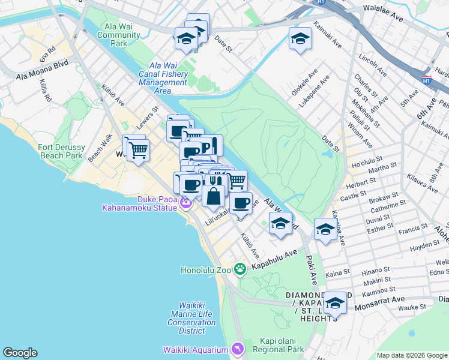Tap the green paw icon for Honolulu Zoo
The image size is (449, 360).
(240, 269)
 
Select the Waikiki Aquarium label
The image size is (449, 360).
(196, 350)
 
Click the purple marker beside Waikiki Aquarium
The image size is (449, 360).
(238, 349)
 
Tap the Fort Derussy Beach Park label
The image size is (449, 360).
(60, 151)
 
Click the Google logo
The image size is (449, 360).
(20, 353)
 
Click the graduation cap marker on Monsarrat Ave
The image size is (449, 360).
(335, 302)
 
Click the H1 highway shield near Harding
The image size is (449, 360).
(426, 80)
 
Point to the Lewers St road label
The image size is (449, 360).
(147, 116)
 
